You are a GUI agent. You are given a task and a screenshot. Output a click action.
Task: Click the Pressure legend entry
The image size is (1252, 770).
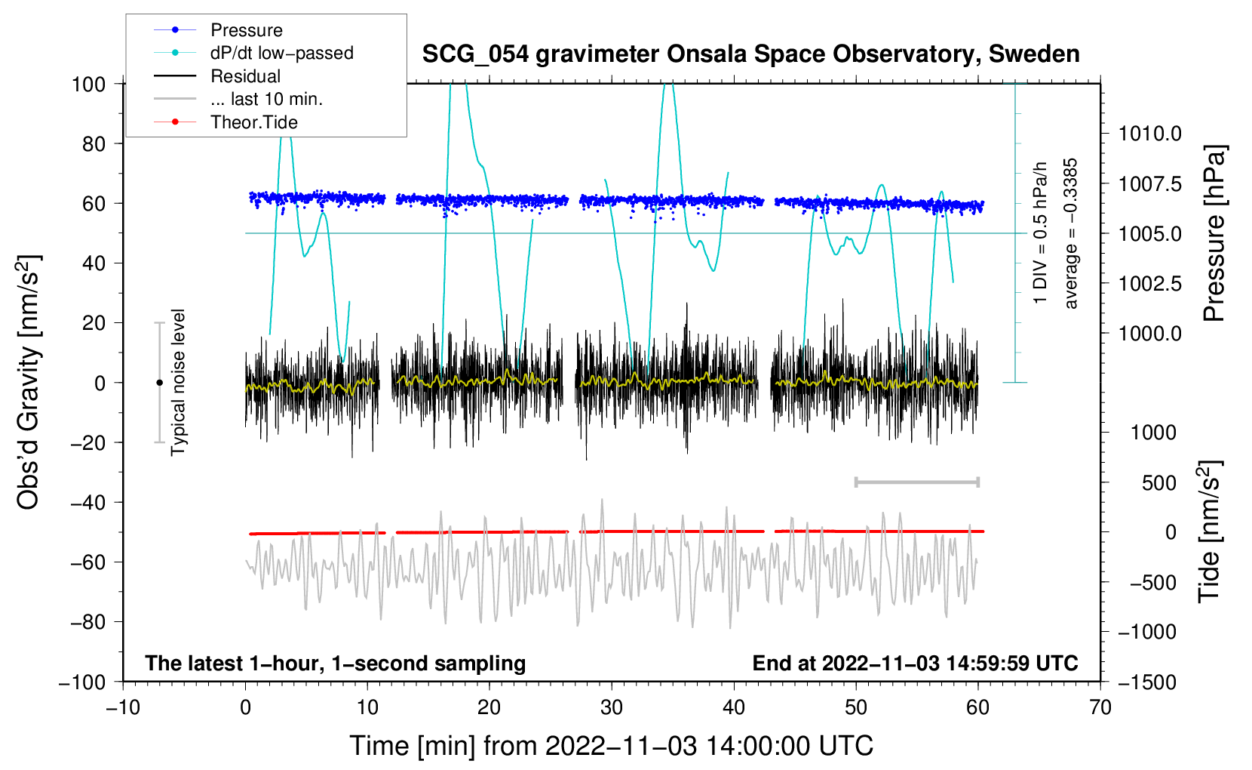[x=246, y=30]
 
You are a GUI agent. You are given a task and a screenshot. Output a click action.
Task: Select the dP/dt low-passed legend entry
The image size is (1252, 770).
[x=281, y=53]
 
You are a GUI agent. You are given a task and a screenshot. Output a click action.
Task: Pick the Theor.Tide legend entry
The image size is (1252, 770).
[x=253, y=122]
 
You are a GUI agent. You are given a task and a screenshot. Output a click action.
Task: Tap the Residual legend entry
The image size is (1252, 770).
[x=245, y=76]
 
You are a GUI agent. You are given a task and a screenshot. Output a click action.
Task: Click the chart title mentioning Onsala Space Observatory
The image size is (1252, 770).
[x=750, y=54]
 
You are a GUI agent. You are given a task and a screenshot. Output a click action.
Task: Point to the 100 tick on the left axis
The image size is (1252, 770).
[x=88, y=84]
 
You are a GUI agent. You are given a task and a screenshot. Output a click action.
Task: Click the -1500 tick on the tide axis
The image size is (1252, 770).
[x=1146, y=682]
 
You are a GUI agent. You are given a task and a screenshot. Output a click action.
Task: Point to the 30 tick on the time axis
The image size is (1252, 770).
[x=612, y=708]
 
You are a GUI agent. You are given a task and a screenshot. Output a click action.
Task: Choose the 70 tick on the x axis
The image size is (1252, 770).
[x=1100, y=708]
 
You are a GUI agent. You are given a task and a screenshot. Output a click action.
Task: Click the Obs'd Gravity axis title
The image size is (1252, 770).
[x=28, y=383]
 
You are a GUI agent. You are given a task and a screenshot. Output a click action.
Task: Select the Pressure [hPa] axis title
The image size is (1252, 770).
[x=1214, y=234]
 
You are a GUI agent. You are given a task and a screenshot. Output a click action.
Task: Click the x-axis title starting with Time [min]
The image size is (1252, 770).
[x=611, y=746]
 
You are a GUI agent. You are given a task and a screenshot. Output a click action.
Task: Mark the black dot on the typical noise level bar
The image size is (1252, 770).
[x=159, y=383]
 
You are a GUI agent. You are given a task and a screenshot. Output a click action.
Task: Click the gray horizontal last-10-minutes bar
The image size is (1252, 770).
[x=916, y=482]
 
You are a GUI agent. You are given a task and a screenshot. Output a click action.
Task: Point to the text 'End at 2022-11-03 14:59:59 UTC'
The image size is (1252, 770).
[x=915, y=663]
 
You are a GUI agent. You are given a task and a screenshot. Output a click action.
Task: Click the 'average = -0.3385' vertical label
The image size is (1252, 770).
[x=1071, y=234]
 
